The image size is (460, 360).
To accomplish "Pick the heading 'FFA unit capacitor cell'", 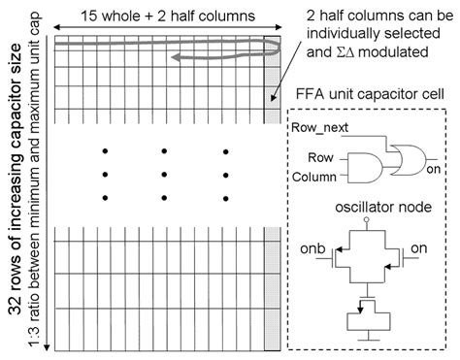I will tap(371, 97).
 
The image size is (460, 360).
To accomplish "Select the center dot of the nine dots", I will tap(165, 175).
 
